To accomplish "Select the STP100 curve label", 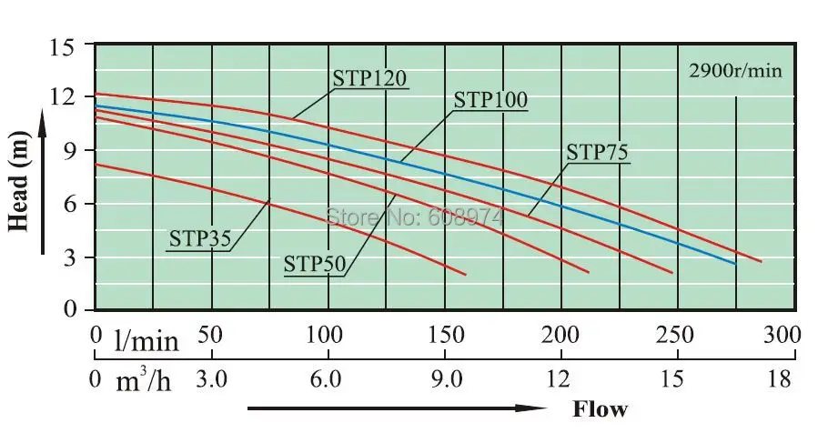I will pyautogui.click(x=490, y=100).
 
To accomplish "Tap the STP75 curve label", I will pyautogui.click(x=597, y=151).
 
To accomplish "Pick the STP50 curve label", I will pyautogui.click(x=314, y=264).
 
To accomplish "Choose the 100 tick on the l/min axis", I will pyautogui.click(x=325, y=334).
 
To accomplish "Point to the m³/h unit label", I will pyautogui.click(x=143, y=380).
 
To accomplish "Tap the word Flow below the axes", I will pyautogui.click(x=600, y=408).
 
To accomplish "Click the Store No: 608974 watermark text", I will pyautogui.click(x=414, y=217).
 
